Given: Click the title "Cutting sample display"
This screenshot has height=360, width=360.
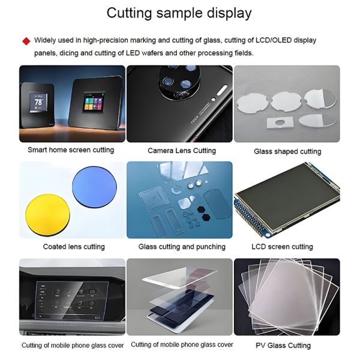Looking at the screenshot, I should [x=179, y=13].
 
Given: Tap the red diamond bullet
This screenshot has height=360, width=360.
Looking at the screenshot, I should [x=26, y=41].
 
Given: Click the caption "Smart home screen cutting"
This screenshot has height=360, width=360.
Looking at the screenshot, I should [x=71, y=149].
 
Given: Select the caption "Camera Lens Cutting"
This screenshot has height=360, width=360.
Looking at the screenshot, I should [x=182, y=151].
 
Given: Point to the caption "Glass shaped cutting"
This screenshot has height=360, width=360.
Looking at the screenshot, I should [x=287, y=151].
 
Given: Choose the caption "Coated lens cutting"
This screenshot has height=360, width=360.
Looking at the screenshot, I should [x=74, y=247].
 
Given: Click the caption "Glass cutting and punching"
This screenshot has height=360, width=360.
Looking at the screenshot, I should [x=182, y=247].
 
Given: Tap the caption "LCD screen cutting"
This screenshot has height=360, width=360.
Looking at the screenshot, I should [x=282, y=247].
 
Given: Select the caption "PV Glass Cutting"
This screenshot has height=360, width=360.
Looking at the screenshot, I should [x=283, y=345].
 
